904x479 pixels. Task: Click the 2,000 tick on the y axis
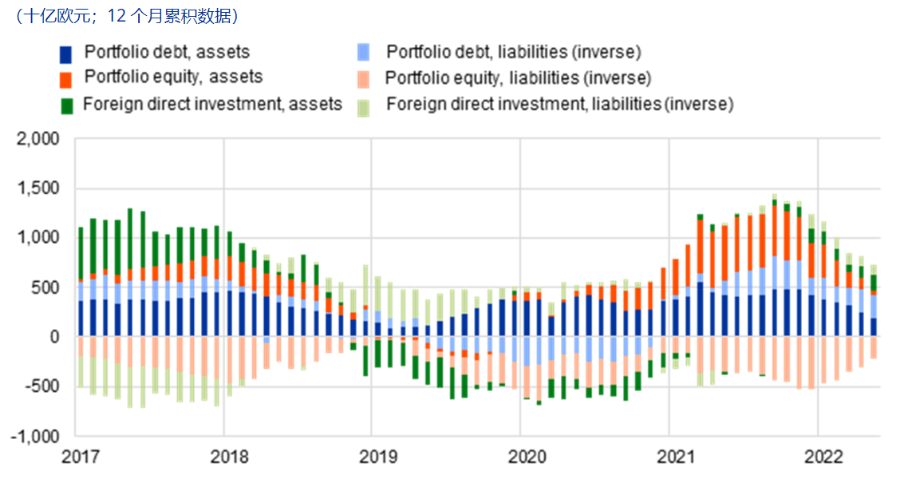[38, 140]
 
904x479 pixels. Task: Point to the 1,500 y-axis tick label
[38, 189]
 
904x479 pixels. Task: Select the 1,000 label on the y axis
[38, 239]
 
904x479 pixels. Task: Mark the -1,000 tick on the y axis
[36, 437]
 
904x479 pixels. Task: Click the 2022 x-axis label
[823, 457]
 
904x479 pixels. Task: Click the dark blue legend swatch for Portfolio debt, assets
[66, 53]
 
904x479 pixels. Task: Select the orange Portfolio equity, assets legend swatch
[66, 78]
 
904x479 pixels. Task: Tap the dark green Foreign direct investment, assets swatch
[66, 105]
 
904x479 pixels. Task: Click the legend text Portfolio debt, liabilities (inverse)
[514, 53]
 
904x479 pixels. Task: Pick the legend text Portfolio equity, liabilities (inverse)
[518, 78]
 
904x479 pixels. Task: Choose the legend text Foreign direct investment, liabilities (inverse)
[559, 104]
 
